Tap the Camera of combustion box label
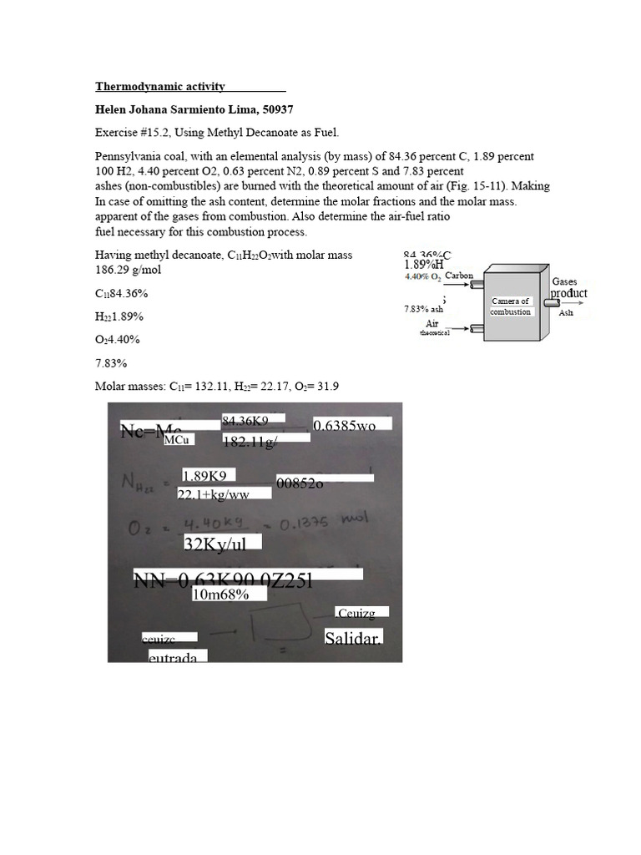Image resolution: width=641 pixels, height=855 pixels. point(511,306)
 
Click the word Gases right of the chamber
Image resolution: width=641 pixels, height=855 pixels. point(564,282)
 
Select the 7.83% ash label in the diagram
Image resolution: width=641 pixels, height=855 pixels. point(423,309)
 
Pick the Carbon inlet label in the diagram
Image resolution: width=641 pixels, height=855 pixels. point(459,276)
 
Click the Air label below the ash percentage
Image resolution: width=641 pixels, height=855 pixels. point(432,323)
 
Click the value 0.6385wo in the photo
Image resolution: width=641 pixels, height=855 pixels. point(345,426)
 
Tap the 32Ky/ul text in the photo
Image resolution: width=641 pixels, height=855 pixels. point(222,543)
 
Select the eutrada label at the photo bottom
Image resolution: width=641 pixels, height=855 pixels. point(173,658)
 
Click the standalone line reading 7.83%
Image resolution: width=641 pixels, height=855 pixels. point(111,363)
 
